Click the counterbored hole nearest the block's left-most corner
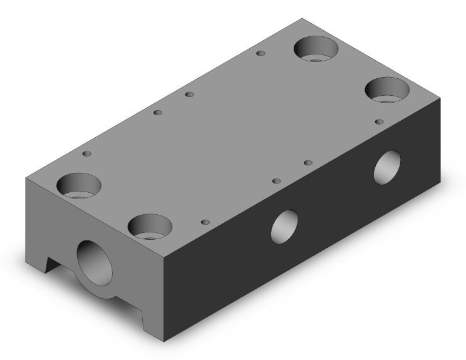coord(79,185)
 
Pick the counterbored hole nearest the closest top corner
coord(150,226)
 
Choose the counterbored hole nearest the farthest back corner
coord(316,49)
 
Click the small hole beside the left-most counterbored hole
coord(87,153)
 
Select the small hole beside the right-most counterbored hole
coord(378,121)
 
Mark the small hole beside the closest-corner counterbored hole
coord(205,222)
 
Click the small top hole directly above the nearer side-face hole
coord(276,181)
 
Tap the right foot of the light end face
coord(150,319)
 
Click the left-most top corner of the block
coord(25,178)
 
